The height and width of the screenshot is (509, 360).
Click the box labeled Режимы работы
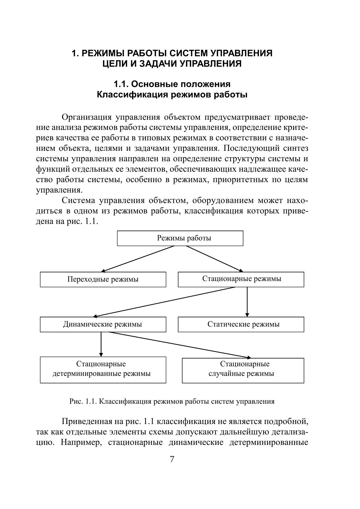tap(180, 238)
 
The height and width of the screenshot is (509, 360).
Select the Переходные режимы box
tap(103, 279)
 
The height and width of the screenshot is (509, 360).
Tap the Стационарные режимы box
tap(241, 279)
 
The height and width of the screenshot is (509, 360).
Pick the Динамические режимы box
tap(103, 324)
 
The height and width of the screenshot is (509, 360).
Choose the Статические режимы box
tap(241, 324)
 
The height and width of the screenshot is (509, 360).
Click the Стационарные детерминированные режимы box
tap(103, 370)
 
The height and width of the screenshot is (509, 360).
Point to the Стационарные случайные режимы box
tap(243, 370)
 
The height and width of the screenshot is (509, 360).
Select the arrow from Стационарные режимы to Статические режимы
tap(247, 302)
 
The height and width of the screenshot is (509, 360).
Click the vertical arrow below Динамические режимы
tap(101, 344)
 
